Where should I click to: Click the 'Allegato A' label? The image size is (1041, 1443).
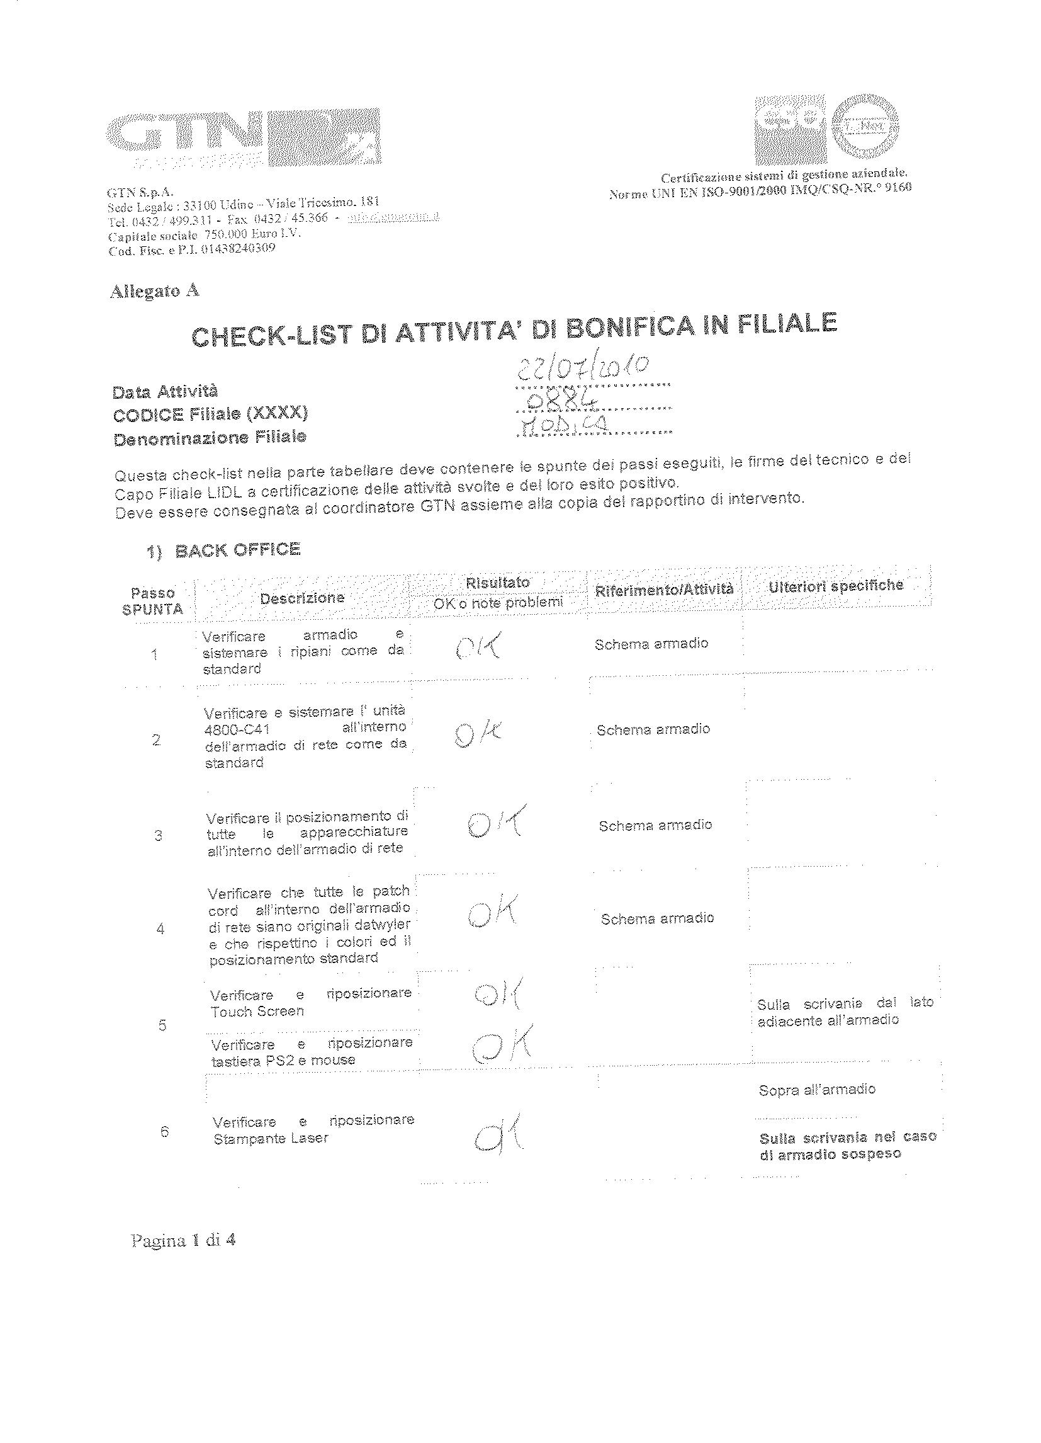point(155,291)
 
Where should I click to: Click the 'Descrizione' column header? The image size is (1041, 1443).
point(302,598)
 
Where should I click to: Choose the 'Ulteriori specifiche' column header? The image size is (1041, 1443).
point(836,586)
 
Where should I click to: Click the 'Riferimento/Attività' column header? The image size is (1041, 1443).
point(663,589)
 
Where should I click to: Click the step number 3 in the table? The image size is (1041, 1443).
point(159,835)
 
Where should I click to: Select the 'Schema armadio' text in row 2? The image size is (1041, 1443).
point(653,729)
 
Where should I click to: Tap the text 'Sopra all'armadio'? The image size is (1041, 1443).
point(816,1090)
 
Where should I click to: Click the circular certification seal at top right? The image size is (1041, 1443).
point(866,131)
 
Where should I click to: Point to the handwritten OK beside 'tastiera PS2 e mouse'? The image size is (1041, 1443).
point(503,1044)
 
